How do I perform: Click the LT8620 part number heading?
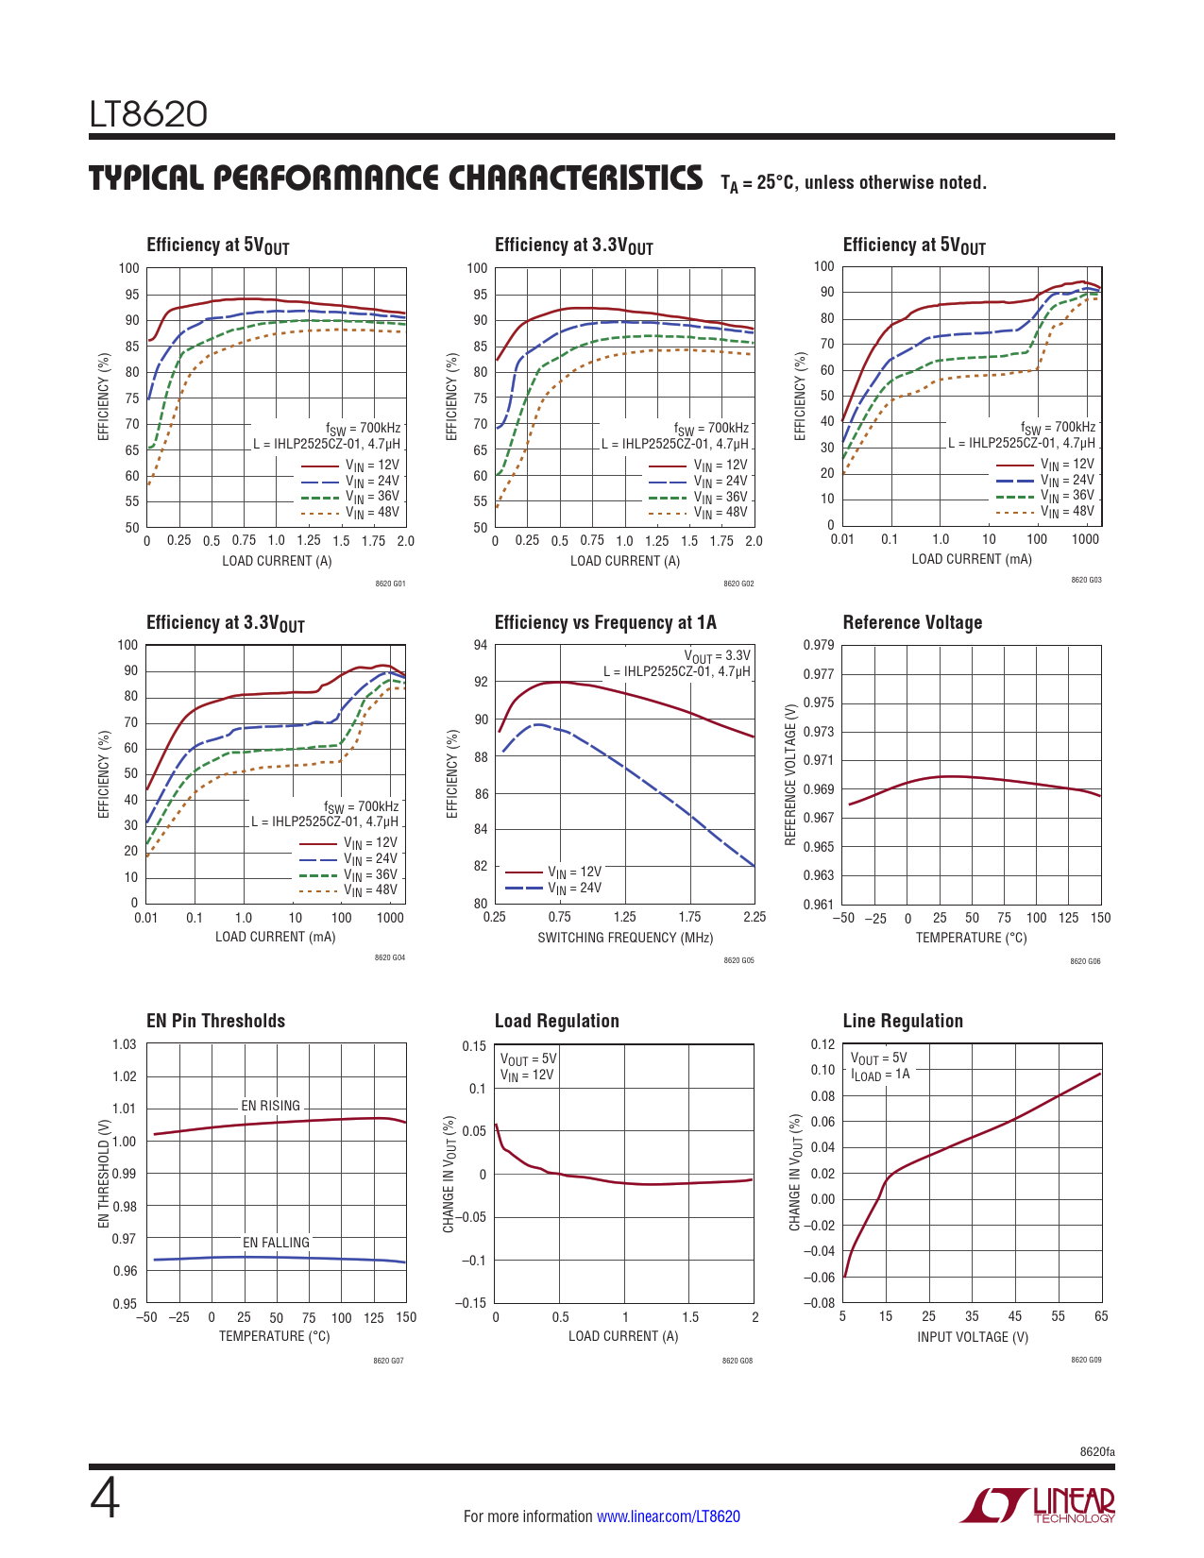pyautogui.click(x=148, y=114)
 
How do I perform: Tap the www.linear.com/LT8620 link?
pyautogui.click(x=668, y=1516)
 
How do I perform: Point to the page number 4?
pyautogui.click(x=105, y=1499)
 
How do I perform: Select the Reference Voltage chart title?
pyautogui.click(x=912, y=622)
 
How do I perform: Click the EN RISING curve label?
pyautogui.click(x=270, y=1106)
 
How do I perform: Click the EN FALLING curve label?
pyautogui.click(x=276, y=1243)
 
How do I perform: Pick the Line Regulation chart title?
pyautogui.click(x=902, y=1021)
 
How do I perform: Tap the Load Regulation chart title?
pyautogui.click(x=556, y=1021)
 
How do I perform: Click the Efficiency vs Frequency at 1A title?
pyautogui.click(x=605, y=622)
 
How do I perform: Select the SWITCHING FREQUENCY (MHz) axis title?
pyautogui.click(x=625, y=938)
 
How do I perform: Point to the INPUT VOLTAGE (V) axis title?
pyautogui.click(x=973, y=1337)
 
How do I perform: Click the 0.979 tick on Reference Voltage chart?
pyautogui.click(x=819, y=645)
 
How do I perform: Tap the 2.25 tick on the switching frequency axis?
pyautogui.click(x=755, y=917)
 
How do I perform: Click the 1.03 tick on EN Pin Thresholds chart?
pyautogui.click(x=125, y=1044)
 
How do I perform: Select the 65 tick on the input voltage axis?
pyautogui.click(x=1101, y=1316)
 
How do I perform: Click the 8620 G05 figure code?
pyautogui.click(x=738, y=961)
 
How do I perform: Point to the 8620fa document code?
pyautogui.click(x=1097, y=1451)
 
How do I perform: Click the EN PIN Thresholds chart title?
pyautogui.click(x=215, y=1021)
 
